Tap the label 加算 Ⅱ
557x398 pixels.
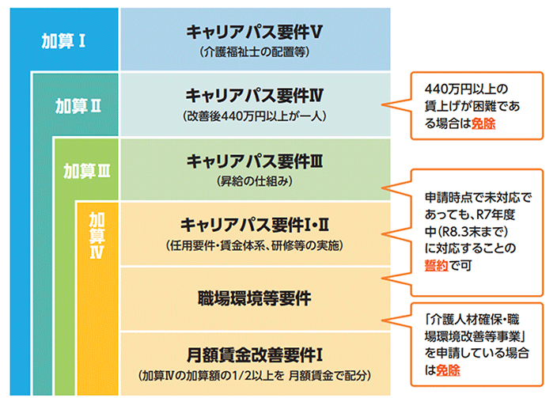pyautogui.click(x=77, y=104)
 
